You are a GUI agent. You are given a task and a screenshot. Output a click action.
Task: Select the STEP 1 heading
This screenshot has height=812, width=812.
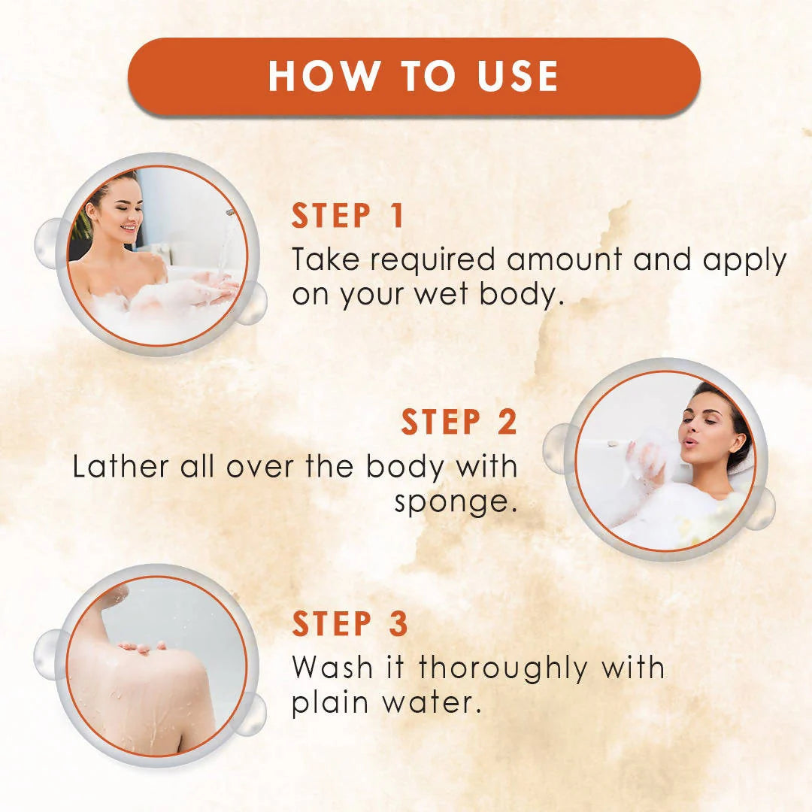pyautogui.click(x=348, y=217)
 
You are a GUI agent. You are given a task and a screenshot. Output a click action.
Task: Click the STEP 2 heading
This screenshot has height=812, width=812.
pyautogui.click(x=459, y=423)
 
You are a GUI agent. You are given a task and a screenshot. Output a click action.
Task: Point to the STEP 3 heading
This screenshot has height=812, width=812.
pyautogui.click(x=350, y=625)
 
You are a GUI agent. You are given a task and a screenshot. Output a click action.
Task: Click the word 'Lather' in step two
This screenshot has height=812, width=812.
pyautogui.click(x=121, y=467)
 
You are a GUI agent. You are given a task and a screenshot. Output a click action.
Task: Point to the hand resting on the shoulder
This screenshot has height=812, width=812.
pyautogui.click(x=143, y=646)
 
